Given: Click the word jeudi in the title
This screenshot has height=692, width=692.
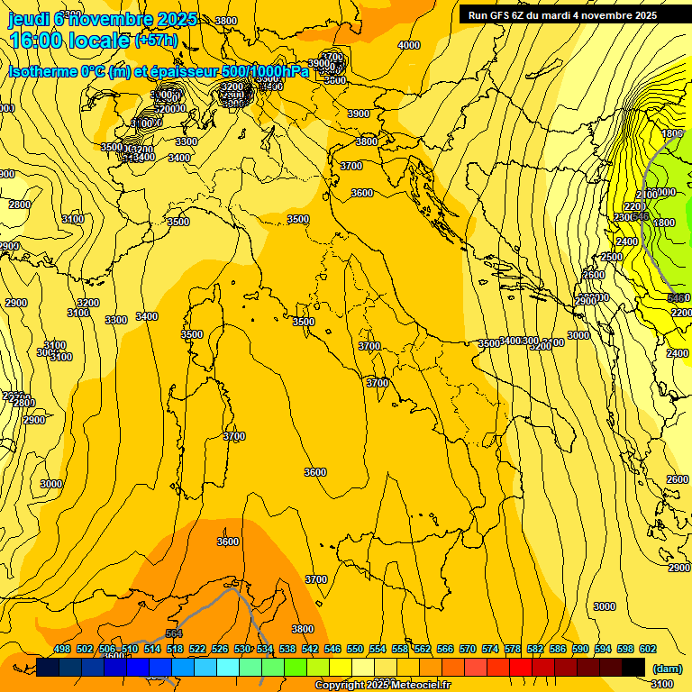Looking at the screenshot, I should [28, 19].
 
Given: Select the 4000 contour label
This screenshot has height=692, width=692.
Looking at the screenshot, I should [409, 45].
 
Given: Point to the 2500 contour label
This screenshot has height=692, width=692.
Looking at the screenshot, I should [612, 257].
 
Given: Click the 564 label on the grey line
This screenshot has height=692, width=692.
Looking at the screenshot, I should [174, 633].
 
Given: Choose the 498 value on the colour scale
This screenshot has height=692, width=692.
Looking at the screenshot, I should [62, 649].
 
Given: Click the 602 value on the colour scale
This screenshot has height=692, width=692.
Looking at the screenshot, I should [647, 649].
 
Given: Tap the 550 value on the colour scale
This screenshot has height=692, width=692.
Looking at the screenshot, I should [355, 649].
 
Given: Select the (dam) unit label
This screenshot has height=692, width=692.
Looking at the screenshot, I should [667, 669].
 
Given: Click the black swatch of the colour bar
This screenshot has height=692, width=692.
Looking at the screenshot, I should [634, 667].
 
